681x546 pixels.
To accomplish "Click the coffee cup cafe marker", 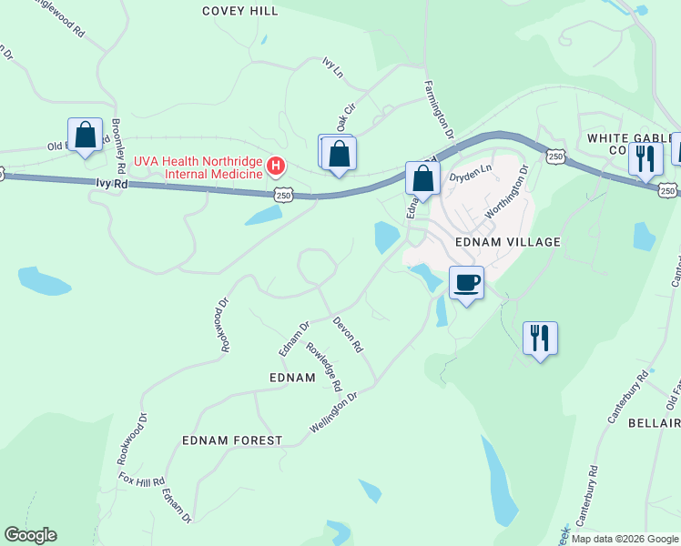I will [x=467, y=283].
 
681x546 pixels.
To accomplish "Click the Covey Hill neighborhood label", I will [x=240, y=11].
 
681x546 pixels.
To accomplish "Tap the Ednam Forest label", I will [x=232, y=440].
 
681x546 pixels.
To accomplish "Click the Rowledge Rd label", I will [x=323, y=367].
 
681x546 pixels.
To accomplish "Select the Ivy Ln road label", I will [x=332, y=66].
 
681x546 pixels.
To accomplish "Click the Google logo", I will [x=30, y=535].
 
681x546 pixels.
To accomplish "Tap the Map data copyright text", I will [x=625, y=539].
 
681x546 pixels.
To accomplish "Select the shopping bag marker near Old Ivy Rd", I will [x=86, y=136].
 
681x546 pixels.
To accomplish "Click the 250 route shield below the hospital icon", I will [x=283, y=195].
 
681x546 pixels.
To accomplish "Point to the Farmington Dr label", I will [x=440, y=107].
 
